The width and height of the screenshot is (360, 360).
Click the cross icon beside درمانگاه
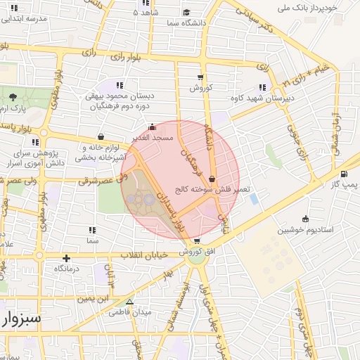(x=67, y=258)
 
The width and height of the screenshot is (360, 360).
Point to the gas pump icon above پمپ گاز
(x=343, y=174)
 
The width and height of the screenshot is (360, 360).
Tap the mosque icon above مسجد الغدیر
(x=153, y=128)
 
